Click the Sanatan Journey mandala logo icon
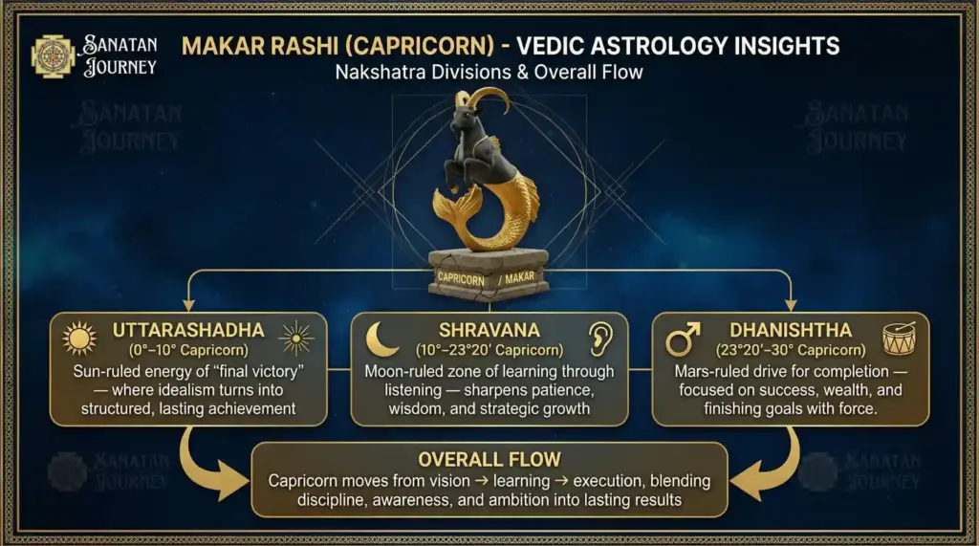pyautogui.click(x=53, y=56)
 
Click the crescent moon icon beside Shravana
pyautogui.click(x=382, y=339)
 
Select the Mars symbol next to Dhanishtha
pyautogui.click(x=682, y=338)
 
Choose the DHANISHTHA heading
pyautogui.click(x=789, y=330)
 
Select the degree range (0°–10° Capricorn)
pyautogui.click(x=187, y=350)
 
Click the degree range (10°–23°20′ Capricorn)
pyautogui.click(x=490, y=350)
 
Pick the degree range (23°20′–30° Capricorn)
pyautogui.click(x=789, y=350)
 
